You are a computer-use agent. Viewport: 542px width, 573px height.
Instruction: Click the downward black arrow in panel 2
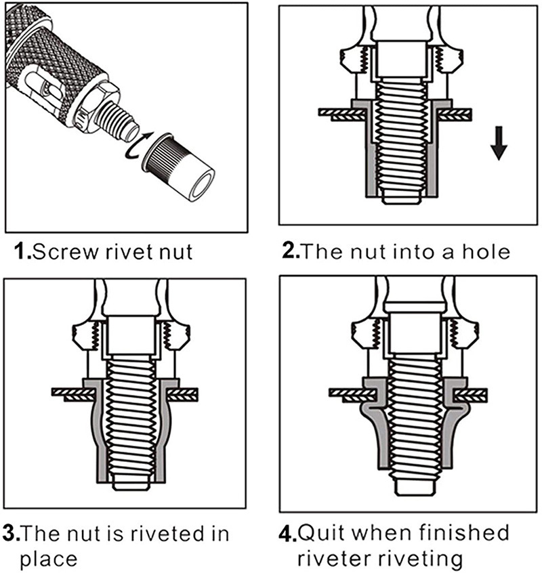coord(498,144)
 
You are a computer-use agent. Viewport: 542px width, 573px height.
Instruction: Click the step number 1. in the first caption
coord(22,252)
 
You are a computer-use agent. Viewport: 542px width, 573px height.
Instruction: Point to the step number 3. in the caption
coord(12,533)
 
